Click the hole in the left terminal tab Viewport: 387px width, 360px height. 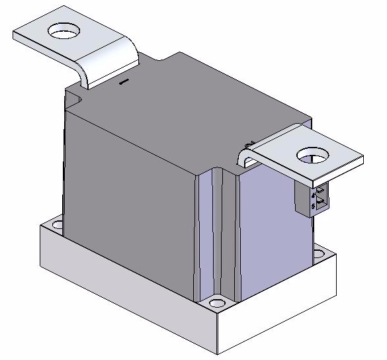click(x=65, y=30)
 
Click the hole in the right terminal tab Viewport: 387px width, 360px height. click(x=313, y=156)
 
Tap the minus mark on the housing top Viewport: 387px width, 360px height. click(x=123, y=83)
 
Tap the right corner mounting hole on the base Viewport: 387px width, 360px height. click(x=320, y=253)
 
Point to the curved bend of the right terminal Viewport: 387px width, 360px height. click(x=245, y=157)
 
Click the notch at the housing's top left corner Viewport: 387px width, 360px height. click(x=73, y=99)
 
